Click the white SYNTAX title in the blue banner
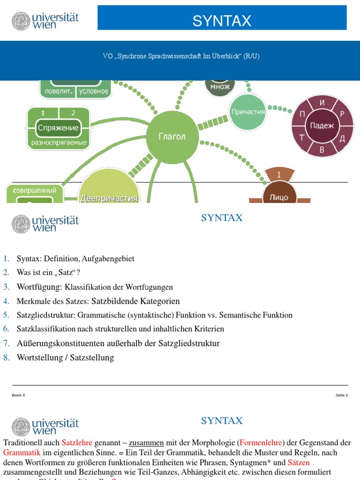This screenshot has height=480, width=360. pyautogui.click(x=222, y=21)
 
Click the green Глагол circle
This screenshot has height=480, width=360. pyautogui.click(x=172, y=137)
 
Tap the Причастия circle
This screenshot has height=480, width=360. pyautogui.click(x=248, y=112)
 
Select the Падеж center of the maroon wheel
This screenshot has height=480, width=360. pyautogui.click(x=322, y=126)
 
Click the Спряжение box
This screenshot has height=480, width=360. pyautogui.click(x=59, y=127)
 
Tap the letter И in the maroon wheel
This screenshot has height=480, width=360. pyautogui.click(x=322, y=103)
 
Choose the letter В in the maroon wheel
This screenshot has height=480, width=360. pyautogui.click(x=322, y=150)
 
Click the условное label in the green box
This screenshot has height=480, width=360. pyautogui.click(x=94, y=91)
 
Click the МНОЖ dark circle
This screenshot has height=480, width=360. pyautogui.click(x=220, y=87)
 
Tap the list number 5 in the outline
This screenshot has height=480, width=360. pyautogui.click(x=6, y=315)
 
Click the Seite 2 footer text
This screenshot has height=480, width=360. pyautogui.click(x=342, y=395)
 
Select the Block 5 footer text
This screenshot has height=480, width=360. pyautogui.click(x=18, y=395)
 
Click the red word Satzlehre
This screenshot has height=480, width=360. pyautogui.click(x=77, y=442)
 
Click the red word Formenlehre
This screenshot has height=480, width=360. pyautogui.click(x=261, y=442)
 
